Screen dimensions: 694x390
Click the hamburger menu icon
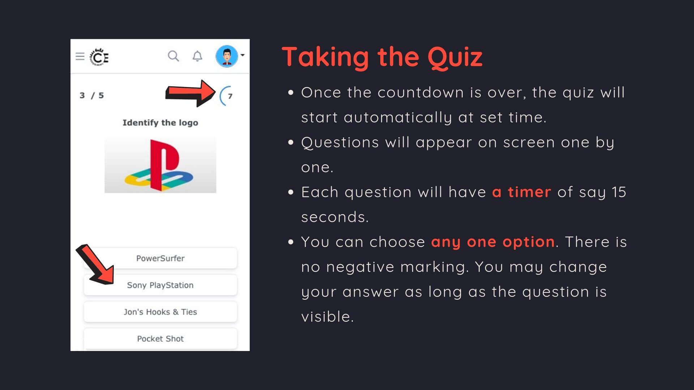[80, 56]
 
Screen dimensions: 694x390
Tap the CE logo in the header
[99, 57]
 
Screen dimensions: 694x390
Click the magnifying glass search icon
[173, 56]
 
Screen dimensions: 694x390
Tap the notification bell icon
[197, 56]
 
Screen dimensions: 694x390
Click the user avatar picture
[227, 56]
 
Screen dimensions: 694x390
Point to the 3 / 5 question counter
[92, 95]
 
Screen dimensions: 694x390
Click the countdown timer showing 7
[227, 96]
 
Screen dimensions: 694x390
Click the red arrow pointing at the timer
[190, 93]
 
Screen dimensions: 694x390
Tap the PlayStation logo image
[160, 165]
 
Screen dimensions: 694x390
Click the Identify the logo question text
[160, 123]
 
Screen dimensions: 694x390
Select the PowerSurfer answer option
[160, 258]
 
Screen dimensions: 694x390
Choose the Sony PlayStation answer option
[160, 285]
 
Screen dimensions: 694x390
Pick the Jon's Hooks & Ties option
[160, 312]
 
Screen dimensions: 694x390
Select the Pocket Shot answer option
[160, 338]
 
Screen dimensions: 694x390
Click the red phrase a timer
[522, 192]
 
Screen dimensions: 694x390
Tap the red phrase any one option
[493, 242]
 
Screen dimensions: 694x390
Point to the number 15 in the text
[619, 192]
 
